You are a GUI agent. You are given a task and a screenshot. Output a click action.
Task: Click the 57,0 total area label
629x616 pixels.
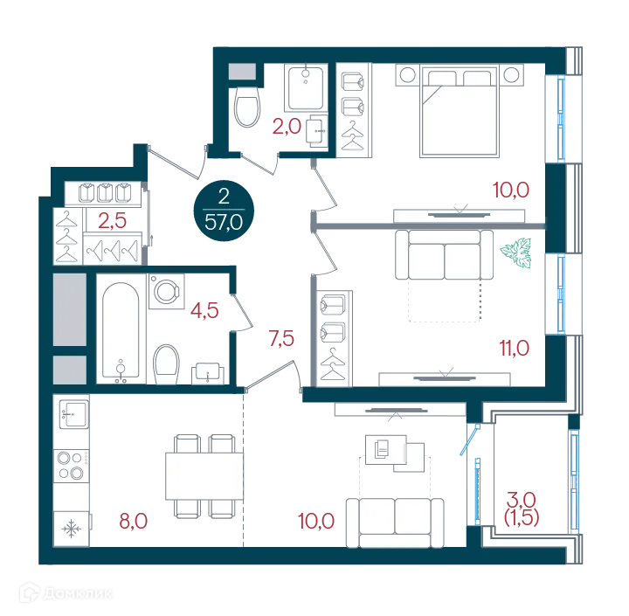[x=224, y=222]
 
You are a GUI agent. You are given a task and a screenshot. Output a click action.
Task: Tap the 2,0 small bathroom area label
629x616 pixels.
[x=287, y=127]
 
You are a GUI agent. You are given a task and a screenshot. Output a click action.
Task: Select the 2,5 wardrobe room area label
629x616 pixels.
[x=113, y=221]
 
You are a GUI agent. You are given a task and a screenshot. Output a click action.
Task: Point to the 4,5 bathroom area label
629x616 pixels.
[x=204, y=310]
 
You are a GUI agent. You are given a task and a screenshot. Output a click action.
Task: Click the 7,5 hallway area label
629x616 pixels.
[x=281, y=339]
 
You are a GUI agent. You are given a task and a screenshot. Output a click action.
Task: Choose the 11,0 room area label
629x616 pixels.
[x=515, y=348]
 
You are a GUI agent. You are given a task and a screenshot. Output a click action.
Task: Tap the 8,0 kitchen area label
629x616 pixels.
[x=134, y=521]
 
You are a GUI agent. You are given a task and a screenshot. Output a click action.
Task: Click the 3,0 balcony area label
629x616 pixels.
[x=521, y=500]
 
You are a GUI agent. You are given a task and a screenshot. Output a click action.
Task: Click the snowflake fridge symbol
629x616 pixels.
[x=71, y=529]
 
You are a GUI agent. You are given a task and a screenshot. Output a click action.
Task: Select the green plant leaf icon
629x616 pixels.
[x=516, y=253]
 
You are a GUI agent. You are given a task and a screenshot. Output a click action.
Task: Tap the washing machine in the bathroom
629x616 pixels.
[x=167, y=291]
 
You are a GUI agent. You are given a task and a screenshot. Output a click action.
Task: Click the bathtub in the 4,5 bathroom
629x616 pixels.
[x=121, y=330]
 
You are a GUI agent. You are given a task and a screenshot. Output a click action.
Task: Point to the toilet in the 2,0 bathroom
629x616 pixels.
[x=247, y=107]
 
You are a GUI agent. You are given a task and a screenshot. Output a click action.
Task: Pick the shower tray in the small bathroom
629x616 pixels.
[x=306, y=88]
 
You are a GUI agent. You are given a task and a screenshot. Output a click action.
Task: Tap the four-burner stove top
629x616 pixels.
[x=72, y=466]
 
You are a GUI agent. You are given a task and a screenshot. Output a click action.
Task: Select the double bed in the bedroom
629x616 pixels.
[x=460, y=112]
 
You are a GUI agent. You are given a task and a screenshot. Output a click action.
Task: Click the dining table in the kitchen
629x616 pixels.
[x=204, y=476]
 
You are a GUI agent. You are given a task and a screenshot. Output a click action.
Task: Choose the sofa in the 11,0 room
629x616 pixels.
[x=444, y=255]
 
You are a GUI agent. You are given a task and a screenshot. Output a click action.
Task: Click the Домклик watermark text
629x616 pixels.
[x=77, y=593]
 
